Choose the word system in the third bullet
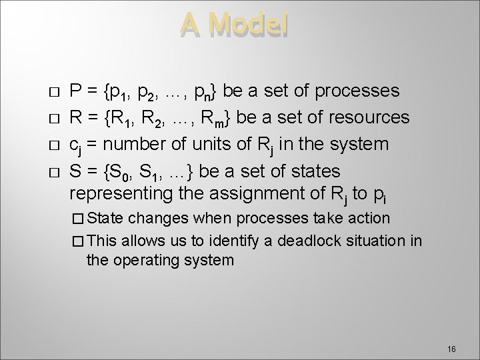tap(373, 144)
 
